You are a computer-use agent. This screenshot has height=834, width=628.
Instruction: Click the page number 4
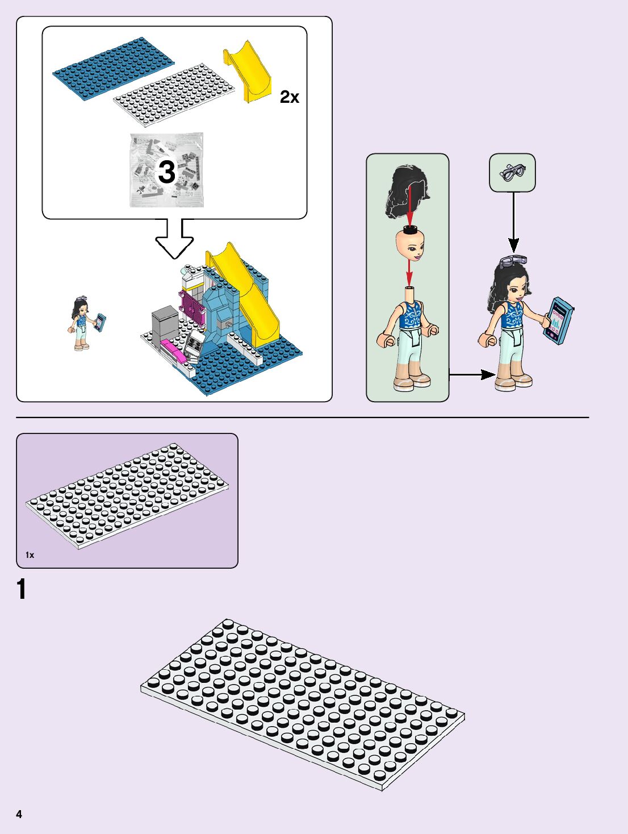pyautogui.click(x=19, y=814)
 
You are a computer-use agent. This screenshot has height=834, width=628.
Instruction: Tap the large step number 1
pyautogui.click(x=22, y=589)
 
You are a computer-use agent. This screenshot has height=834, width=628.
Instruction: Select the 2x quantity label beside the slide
pyautogui.click(x=289, y=98)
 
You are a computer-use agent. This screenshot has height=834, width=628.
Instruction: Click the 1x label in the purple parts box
pyautogui.click(x=30, y=555)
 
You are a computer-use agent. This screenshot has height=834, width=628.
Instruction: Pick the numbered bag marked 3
pyautogui.click(x=166, y=170)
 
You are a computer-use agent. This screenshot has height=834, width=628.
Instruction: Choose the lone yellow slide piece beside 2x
pyautogui.click(x=248, y=72)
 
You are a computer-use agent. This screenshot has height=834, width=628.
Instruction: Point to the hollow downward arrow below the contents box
pyautogui.click(x=174, y=239)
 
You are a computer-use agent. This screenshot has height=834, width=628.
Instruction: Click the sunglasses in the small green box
pyautogui.click(x=513, y=172)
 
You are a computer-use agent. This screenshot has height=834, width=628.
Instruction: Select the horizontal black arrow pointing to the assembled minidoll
pyautogui.click(x=472, y=374)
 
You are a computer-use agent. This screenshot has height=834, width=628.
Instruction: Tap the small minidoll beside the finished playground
pyautogui.click(x=83, y=323)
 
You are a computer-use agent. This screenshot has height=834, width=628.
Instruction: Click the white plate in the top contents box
pyautogui.click(x=174, y=94)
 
